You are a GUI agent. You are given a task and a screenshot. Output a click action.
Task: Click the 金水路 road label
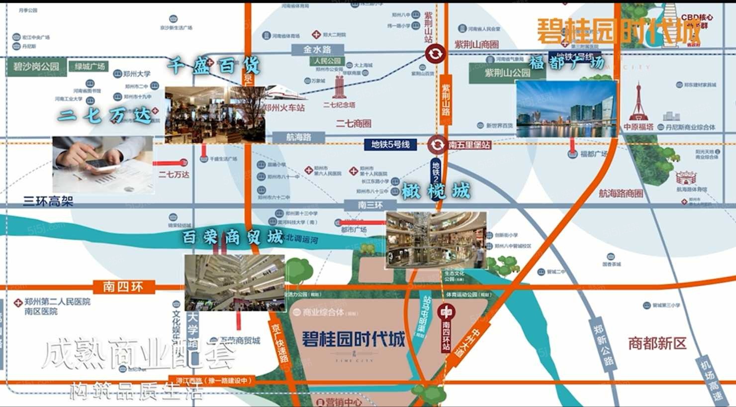[x=317, y=49]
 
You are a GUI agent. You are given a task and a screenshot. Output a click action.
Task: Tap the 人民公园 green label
[x=327, y=61]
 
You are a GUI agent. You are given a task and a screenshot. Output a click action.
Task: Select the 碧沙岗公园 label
[x=36, y=67]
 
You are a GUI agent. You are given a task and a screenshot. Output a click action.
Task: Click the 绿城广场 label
[x=90, y=66]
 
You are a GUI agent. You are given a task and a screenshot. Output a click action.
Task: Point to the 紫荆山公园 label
[x=507, y=73]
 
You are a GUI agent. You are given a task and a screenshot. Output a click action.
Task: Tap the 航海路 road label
[x=298, y=137]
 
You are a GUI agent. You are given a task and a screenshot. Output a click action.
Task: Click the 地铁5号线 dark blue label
[x=390, y=144]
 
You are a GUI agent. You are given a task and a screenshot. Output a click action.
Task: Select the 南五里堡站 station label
[x=469, y=145]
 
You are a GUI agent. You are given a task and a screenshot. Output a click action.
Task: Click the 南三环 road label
[x=370, y=204]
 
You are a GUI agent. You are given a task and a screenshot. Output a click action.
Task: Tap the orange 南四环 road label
[x=123, y=287]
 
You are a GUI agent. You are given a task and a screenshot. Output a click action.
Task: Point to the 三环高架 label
[x=48, y=201]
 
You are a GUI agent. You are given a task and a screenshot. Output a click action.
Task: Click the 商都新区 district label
[x=657, y=343]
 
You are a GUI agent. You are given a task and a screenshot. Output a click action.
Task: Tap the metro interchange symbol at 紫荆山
[x=435, y=54]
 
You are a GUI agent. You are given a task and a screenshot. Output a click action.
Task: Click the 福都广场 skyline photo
[x=566, y=108]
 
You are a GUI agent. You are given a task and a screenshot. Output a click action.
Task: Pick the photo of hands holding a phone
[x=103, y=165]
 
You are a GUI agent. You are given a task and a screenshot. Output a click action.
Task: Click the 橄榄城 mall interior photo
[x=436, y=239]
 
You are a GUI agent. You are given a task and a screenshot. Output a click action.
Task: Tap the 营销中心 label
[x=343, y=402]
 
